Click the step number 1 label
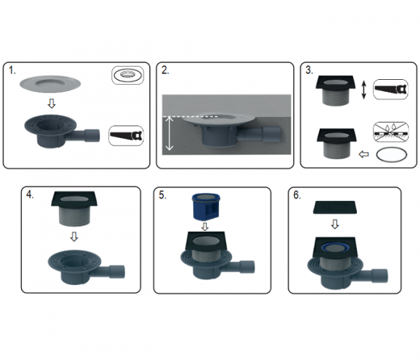pyautogui.click(x=12, y=71)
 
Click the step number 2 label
pyautogui.click(x=165, y=70)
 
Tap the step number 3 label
pyautogui.click(x=309, y=70)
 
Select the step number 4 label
pyautogui.click(x=29, y=194)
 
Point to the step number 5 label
pyautogui.click(x=162, y=195)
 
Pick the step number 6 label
pyautogui.click(x=297, y=195)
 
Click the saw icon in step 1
pyautogui.click(x=126, y=136)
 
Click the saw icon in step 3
pyautogui.click(x=391, y=89)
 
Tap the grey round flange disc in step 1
pyautogui.click(x=50, y=83)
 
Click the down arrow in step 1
pyautogui.click(x=52, y=104)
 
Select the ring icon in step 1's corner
pyautogui.click(x=127, y=76)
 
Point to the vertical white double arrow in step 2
pyautogui.click(x=169, y=134)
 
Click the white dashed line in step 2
pyautogui.click(x=190, y=117)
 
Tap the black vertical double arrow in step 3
pyautogui.click(x=363, y=90)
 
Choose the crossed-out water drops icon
pyautogui.click(x=391, y=132)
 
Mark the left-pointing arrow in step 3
pyautogui.click(x=363, y=154)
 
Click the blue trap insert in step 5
pyautogui.click(x=206, y=207)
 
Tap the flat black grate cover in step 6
pyautogui.click(x=335, y=207)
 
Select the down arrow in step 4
pyautogui.click(x=74, y=237)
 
